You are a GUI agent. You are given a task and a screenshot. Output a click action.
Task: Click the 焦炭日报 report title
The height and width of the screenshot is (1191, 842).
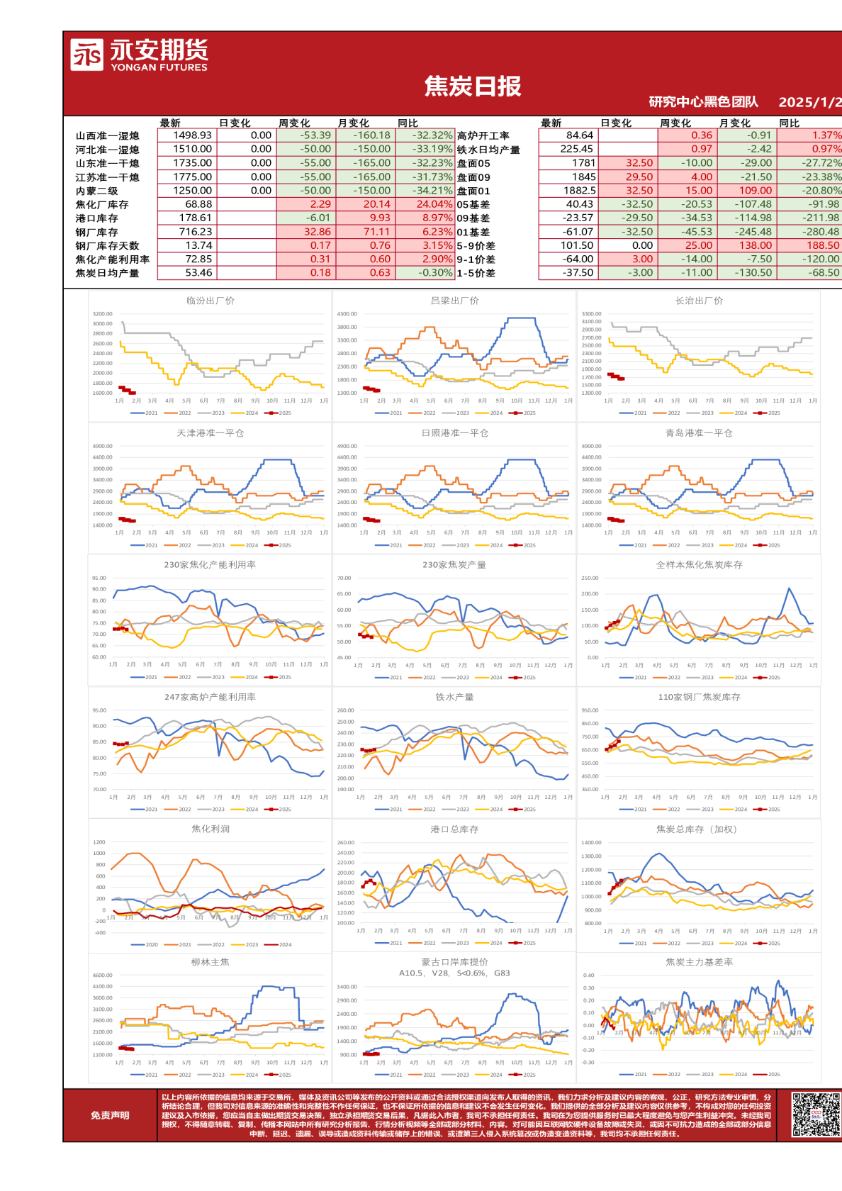tap(473, 86)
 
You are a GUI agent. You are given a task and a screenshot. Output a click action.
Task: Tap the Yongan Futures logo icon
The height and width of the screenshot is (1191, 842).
tap(86, 55)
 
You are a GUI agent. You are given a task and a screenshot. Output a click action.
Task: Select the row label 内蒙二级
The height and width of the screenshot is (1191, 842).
tap(96, 191)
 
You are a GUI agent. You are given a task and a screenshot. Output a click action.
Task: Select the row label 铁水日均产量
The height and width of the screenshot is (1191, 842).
tap(488, 150)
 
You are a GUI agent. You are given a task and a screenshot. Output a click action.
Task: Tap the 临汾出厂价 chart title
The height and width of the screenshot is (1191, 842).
tap(210, 301)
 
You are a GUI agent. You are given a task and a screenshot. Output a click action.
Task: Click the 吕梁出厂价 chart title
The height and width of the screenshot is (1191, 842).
tap(454, 301)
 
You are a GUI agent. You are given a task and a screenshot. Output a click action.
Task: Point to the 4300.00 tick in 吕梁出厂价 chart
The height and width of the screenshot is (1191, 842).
tap(347, 314)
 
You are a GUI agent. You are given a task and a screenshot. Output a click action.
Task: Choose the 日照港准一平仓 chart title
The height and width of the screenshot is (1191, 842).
tap(454, 433)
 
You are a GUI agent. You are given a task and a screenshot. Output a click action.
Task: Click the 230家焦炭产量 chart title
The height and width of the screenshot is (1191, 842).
tap(454, 565)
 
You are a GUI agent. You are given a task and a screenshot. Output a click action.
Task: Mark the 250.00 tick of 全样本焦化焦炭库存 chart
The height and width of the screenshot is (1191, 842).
tap(590, 578)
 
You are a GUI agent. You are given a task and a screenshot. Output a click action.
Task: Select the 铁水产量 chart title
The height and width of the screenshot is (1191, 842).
tap(454, 698)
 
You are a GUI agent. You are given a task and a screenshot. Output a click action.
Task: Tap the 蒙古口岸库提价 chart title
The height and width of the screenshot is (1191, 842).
tap(454, 962)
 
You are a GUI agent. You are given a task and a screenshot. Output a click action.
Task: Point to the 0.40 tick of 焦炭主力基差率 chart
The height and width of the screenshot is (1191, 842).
tap(588, 975)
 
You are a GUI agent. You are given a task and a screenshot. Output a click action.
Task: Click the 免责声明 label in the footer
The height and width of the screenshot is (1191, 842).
tap(110, 1115)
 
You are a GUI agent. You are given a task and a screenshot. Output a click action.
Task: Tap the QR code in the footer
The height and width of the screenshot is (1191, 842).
tap(815, 1115)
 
